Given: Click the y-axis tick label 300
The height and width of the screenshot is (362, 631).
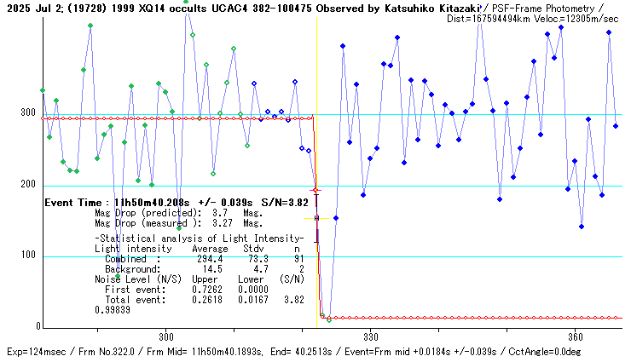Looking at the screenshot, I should (27, 113).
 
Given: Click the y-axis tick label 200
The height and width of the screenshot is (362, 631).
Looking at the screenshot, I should (27, 185).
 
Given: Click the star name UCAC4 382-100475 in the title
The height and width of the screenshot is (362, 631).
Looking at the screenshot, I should (257, 8).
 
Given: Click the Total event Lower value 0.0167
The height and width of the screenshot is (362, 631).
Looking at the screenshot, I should (254, 299).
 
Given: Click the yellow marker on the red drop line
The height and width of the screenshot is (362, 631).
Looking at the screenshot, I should (315, 218).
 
